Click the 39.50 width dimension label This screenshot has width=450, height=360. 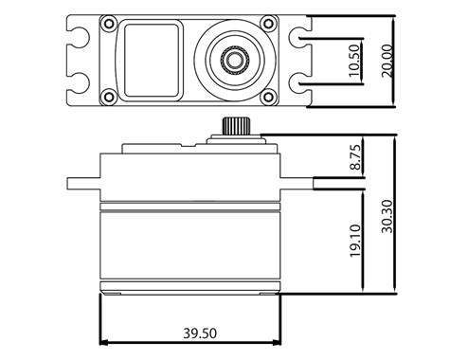click(x=200, y=333)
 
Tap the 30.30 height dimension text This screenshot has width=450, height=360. click(x=387, y=216)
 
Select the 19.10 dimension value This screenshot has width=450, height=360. click(x=355, y=241)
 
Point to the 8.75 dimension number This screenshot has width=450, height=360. click(x=355, y=157)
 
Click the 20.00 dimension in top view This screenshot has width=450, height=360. click(x=387, y=61)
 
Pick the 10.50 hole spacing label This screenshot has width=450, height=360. click(x=354, y=61)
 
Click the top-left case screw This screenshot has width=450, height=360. click(x=109, y=24)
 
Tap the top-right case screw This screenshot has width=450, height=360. click(x=268, y=23)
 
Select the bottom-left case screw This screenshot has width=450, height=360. click(x=109, y=96)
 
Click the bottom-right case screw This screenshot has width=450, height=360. click(x=268, y=97)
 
